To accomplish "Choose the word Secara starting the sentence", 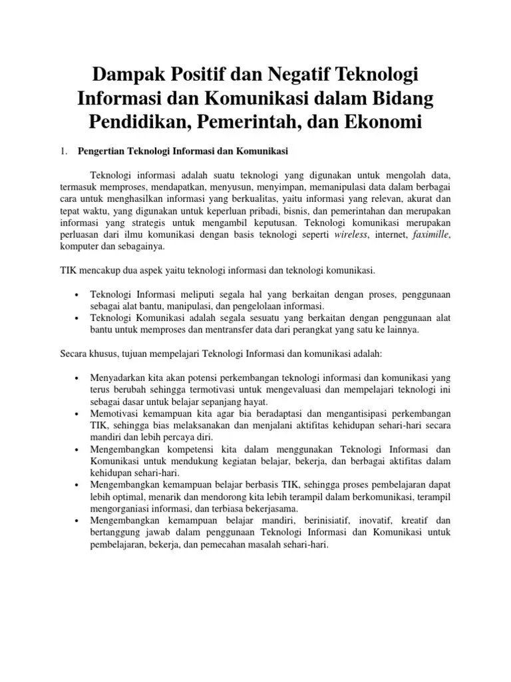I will point(74,354).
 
